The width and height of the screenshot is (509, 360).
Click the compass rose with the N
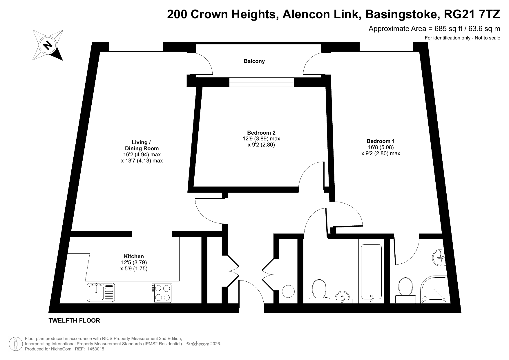click(48, 45)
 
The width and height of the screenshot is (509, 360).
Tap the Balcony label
click(254, 61)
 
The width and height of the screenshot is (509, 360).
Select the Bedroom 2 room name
click(261, 133)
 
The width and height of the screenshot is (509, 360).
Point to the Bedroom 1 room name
click(381, 141)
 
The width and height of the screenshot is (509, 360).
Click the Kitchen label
click(134, 256)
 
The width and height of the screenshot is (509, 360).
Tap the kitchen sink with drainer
click(101, 292)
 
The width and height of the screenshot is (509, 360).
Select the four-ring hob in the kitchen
click(162, 293)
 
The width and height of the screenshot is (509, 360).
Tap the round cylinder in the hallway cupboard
click(288, 291)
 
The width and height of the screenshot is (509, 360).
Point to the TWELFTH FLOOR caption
click(74, 321)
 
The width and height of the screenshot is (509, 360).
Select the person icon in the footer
click(16, 344)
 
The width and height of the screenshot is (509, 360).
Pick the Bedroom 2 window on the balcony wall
click(262, 82)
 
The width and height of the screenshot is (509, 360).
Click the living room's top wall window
click(136, 47)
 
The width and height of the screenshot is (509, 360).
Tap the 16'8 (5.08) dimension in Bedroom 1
click(381, 147)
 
